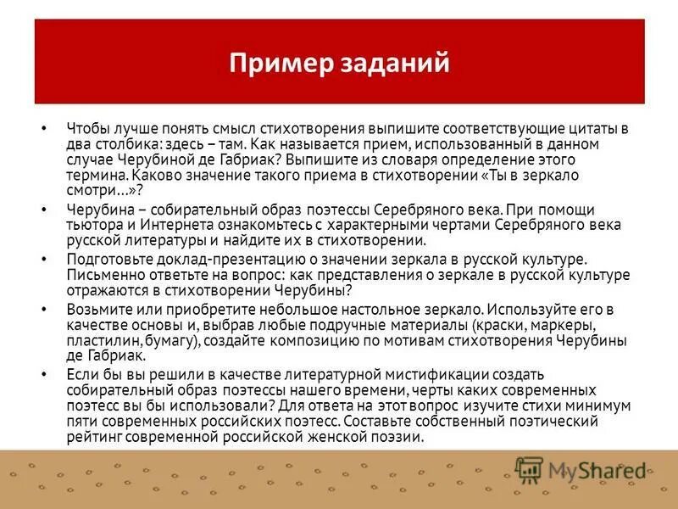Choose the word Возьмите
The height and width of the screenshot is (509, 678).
[97, 309]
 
